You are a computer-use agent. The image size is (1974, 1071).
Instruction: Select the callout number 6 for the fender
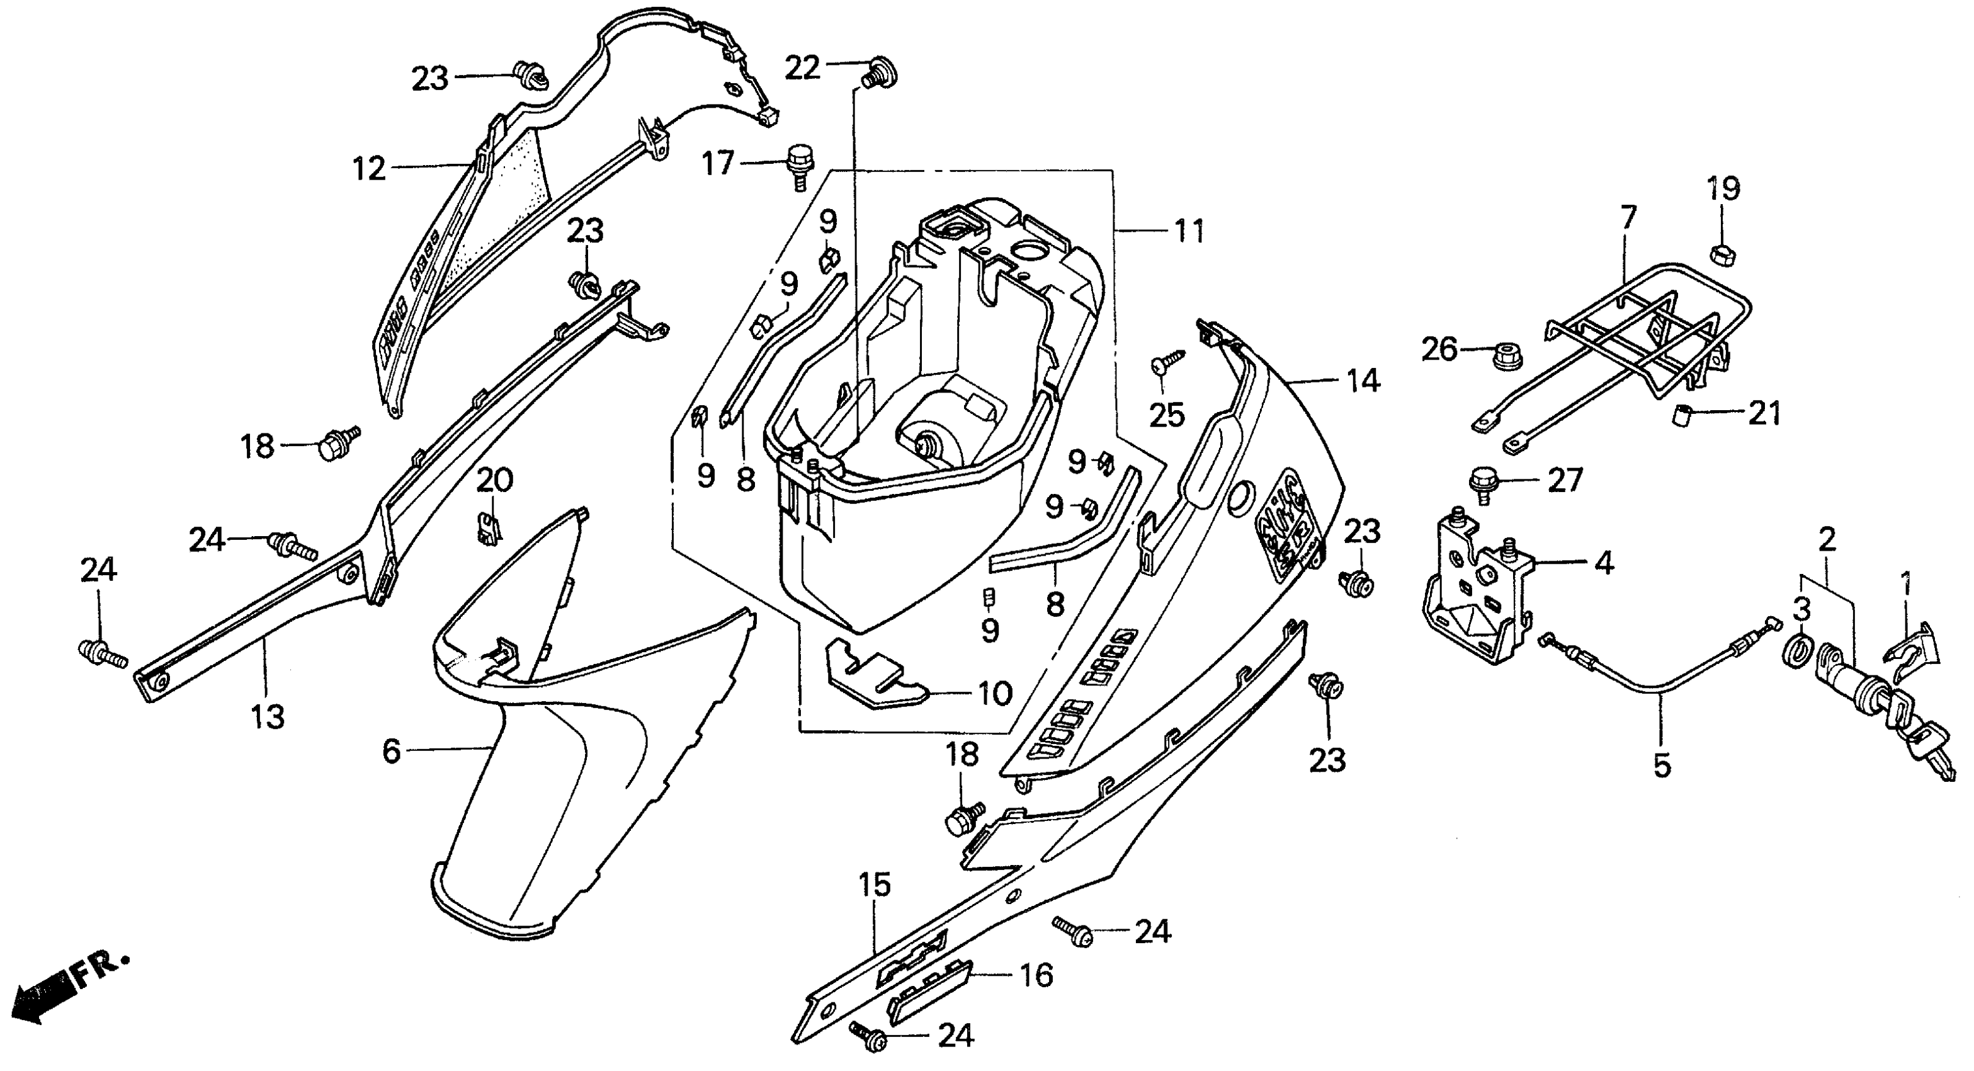point(392,752)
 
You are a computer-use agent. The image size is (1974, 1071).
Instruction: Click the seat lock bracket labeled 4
point(1473,589)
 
